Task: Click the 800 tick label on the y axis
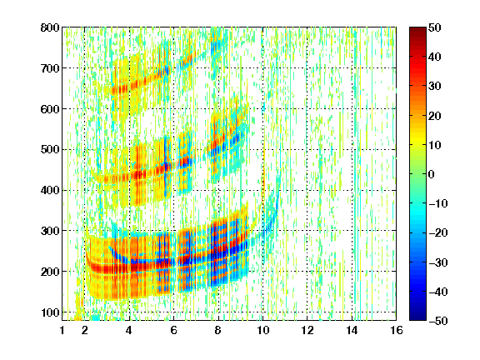point(50,27)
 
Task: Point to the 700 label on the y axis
point(50,68)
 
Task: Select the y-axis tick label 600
point(50,109)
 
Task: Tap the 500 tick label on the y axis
point(50,150)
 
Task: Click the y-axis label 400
point(50,190)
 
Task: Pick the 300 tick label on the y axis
point(50,231)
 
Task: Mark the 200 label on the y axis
point(50,272)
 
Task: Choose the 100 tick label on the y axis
point(50,312)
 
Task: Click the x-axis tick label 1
point(62,331)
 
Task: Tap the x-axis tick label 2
point(85,331)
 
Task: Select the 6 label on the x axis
point(173,331)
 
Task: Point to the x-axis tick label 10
point(263,331)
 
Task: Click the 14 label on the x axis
point(352,331)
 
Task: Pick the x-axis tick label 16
point(397,331)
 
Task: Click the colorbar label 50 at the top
point(434,27)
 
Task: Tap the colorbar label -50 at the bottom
point(438,321)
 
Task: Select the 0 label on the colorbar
point(432,174)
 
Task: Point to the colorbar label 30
point(434,87)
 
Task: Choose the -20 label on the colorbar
point(438,233)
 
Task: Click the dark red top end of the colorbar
point(417,29)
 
